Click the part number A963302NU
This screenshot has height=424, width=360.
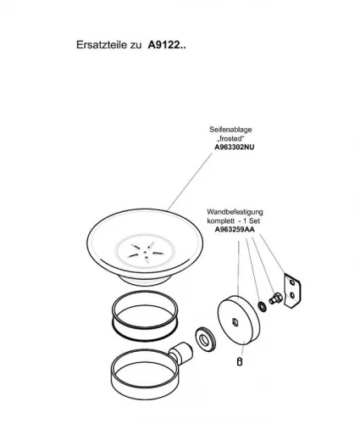pyautogui.click(x=235, y=147)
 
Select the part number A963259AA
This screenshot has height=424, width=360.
pyautogui.click(x=235, y=229)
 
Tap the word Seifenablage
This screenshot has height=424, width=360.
pyautogui.click(x=230, y=130)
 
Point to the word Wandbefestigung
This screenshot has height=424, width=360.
pyautogui.click(x=235, y=212)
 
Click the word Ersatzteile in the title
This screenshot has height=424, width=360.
pyautogui.click(x=102, y=45)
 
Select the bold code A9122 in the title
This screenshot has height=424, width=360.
pyautogui.click(x=164, y=45)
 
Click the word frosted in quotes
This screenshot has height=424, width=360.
pyautogui.click(x=230, y=138)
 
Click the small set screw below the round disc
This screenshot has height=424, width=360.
pyautogui.click(x=240, y=361)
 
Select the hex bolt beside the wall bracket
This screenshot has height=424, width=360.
pyautogui.click(x=275, y=298)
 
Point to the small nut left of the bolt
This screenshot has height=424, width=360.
pyautogui.click(x=262, y=306)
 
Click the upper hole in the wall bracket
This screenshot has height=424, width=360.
pyautogui.click(x=292, y=282)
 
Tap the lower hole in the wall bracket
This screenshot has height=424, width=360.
pyautogui.click(x=292, y=295)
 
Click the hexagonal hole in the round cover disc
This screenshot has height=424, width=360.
pyautogui.click(x=235, y=321)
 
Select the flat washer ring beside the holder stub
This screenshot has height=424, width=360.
pyautogui.click(x=205, y=338)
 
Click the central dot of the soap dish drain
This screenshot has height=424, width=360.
pyautogui.click(x=145, y=252)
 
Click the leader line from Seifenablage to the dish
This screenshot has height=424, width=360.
pyautogui.click(x=190, y=181)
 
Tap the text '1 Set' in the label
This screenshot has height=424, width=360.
pyautogui.click(x=252, y=220)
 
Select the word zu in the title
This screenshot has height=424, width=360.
pyautogui.click(x=136, y=45)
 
